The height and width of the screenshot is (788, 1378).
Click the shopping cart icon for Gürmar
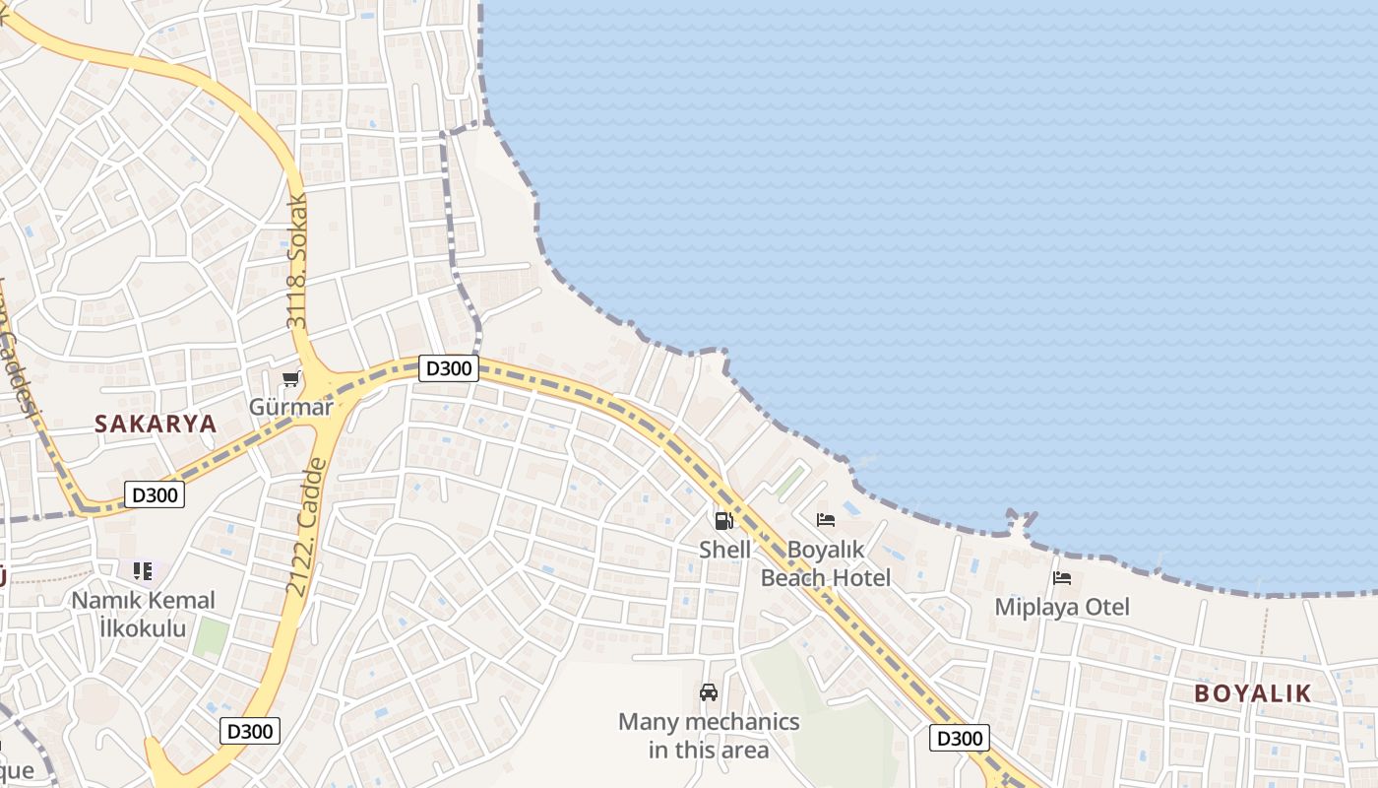pyautogui.click(x=290, y=379)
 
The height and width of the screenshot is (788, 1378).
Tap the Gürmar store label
pyautogui.click(x=290, y=407)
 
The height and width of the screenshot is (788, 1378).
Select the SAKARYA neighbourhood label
pyautogui.click(x=156, y=425)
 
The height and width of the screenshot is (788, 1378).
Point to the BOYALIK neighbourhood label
pyautogui.click(x=1253, y=693)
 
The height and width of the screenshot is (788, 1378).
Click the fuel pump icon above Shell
pyautogui.click(x=724, y=521)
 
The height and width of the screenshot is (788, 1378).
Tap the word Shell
pyautogui.click(x=724, y=550)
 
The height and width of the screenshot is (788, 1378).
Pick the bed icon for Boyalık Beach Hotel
pyautogui.click(x=826, y=520)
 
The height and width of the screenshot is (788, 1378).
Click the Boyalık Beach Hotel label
pyautogui.click(x=826, y=563)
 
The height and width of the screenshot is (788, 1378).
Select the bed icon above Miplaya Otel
pyautogui.click(x=1061, y=578)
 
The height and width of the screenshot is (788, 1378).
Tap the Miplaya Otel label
pyautogui.click(x=1062, y=607)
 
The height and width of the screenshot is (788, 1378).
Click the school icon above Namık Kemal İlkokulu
pyautogui.click(x=143, y=570)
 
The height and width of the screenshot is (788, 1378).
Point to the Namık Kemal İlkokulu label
pyautogui.click(x=144, y=614)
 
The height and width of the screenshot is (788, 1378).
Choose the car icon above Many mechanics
pyautogui.click(x=709, y=692)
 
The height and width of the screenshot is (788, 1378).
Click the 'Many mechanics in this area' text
pyautogui.click(x=709, y=736)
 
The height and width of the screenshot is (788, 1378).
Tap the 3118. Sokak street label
pyautogui.click(x=297, y=261)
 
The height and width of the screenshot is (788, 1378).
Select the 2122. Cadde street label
pyautogui.click(x=306, y=527)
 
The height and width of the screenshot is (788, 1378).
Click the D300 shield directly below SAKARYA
pyautogui.click(x=155, y=494)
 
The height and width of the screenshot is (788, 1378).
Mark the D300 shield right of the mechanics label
pyautogui.click(x=959, y=738)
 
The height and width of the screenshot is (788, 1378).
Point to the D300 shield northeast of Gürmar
pyautogui.click(x=448, y=368)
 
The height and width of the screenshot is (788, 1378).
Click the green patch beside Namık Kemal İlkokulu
pyautogui.click(x=210, y=637)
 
